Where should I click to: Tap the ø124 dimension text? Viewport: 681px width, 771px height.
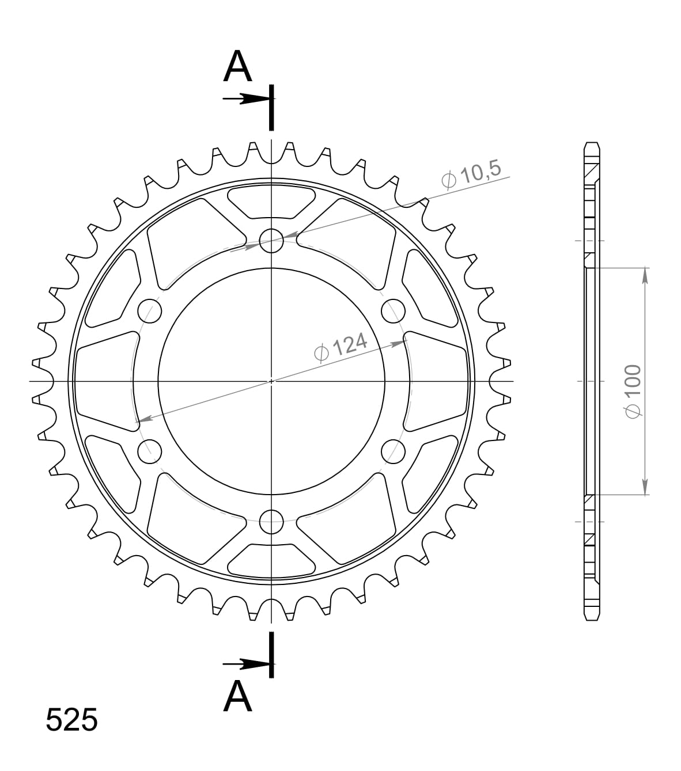(341, 348)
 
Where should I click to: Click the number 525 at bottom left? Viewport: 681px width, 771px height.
(71, 720)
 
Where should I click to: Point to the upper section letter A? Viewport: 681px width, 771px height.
(238, 67)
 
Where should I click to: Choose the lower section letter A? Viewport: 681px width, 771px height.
(238, 697)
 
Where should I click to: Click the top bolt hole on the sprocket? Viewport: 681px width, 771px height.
(271, 241)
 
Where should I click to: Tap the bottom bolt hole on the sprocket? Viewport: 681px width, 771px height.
(271, 522)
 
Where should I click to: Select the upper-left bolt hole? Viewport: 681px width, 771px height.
(150, 311)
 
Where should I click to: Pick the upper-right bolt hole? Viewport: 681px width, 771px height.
(393, 311)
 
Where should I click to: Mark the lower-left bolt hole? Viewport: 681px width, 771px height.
(150, 451)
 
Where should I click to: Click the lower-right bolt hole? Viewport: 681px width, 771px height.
(393, 451)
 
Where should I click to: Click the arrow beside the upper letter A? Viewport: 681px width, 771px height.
(245, 99)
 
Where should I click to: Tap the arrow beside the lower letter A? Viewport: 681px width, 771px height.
(245, 664)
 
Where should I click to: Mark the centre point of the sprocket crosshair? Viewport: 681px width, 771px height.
(271, 381)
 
